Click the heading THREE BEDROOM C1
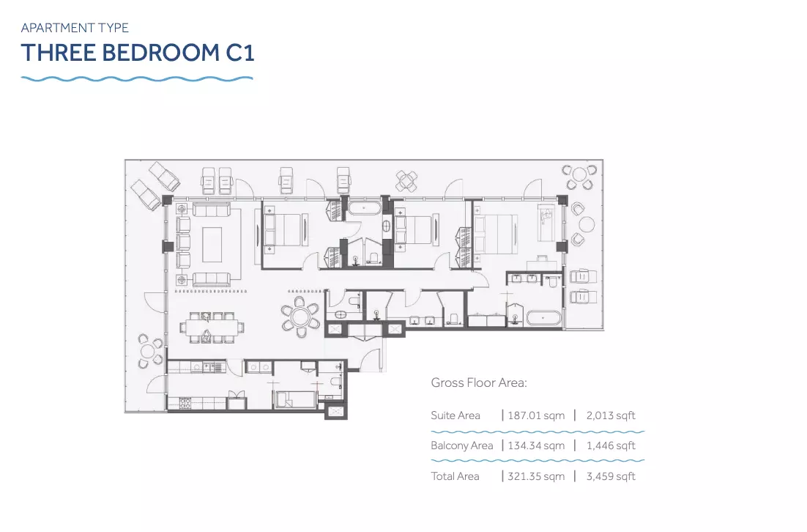pos(138,53)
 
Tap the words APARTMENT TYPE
pos(75,27)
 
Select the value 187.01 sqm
pos(536,415)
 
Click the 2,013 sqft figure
pos(611,415)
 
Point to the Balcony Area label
pos(461,446)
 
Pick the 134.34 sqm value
pos(536,446)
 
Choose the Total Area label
pos(455,476)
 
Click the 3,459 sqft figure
pos(611,476)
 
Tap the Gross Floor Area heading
pos(479,383)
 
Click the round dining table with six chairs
pos(300,317)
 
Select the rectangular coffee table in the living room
pos(212,245)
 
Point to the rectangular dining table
pos(212,327)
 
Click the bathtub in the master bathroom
pos(543,318)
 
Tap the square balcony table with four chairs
pos(406,181)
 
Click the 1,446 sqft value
pos(611,446)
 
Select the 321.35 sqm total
pos(536,476)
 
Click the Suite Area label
pos(455,415)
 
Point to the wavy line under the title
pos(137,79)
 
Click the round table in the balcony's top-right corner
pos(579,177)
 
